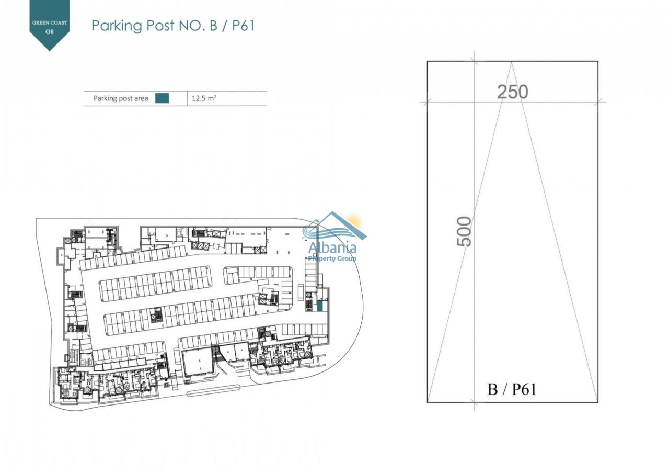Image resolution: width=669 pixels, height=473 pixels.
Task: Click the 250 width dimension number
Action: (513, 92)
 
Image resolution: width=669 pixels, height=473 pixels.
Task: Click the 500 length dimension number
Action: (464, 231)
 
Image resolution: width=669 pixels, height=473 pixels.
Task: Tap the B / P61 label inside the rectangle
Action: (512, 389)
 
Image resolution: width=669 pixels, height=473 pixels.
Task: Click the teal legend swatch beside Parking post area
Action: (162, 98)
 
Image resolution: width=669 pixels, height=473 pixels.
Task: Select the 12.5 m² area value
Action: (204, 98)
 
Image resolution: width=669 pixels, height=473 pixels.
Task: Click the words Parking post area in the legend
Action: (121, 98)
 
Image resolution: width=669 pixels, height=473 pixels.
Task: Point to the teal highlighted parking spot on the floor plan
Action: (319, 307)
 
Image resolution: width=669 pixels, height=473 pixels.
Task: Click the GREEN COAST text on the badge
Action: (50, 22)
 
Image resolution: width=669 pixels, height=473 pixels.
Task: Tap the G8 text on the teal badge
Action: (50, 31)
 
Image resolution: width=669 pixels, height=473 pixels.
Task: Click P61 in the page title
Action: (243, 26)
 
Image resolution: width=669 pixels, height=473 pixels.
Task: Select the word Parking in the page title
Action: (117, 26)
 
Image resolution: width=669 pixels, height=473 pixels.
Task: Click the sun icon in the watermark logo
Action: (354, 221)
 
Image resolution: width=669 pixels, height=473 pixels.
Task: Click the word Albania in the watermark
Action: (332, 248)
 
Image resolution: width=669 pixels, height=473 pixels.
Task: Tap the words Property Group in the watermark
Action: (332, 258)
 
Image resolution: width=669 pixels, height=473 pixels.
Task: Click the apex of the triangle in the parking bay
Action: (511, 62)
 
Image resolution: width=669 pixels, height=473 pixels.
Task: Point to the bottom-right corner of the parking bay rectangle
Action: (597, 402)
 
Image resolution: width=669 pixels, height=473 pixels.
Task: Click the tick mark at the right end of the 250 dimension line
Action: (597, 102)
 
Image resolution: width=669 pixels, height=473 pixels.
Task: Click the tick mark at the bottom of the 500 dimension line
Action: (474, 402)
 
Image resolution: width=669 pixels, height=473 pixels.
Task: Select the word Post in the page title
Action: (160, 26)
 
